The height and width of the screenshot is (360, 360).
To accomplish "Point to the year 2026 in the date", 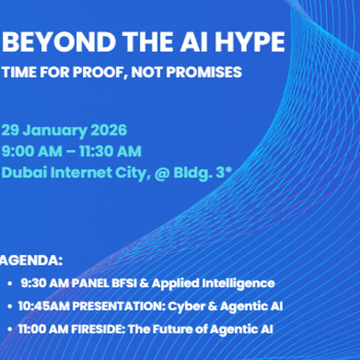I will point(109,130).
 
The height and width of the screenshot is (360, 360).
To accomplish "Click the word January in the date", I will point(54,130).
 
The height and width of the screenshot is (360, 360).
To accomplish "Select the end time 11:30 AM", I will point(111,151).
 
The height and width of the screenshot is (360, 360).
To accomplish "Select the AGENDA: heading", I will point(31,261).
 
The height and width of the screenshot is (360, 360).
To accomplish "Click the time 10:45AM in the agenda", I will point(44,306).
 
